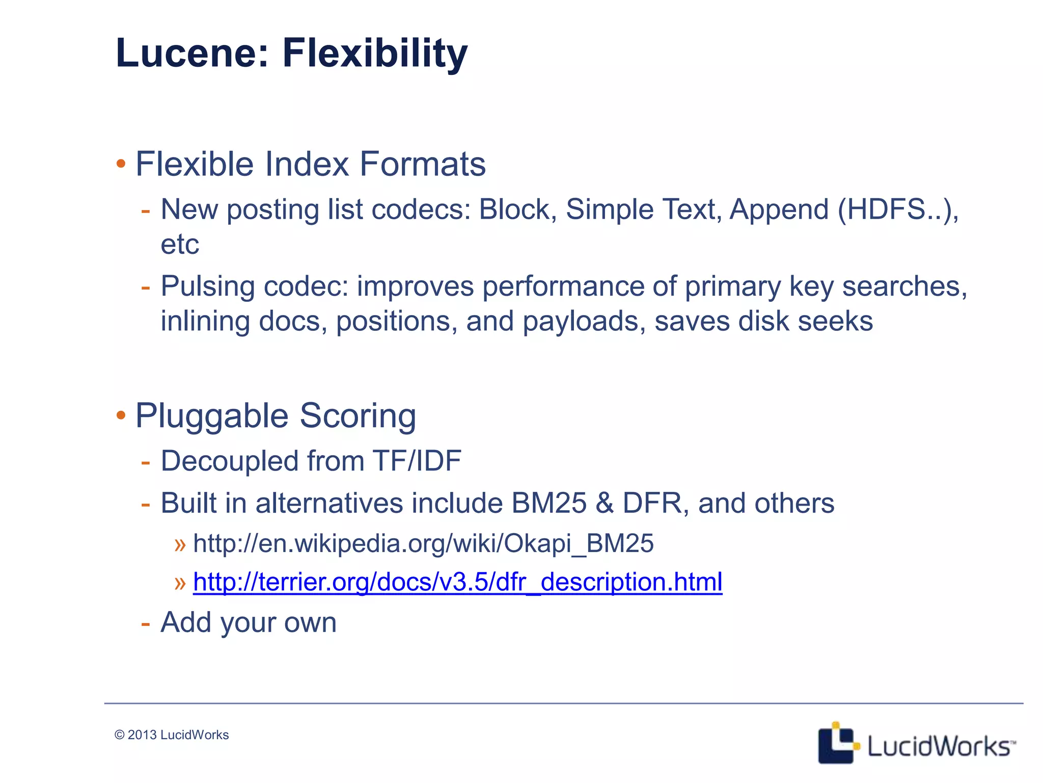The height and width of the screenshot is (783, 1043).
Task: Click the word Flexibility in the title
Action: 374,54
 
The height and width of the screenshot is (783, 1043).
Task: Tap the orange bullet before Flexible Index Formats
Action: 121,164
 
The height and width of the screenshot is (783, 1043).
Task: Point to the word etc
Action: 179,245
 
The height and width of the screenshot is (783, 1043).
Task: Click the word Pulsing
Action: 207,286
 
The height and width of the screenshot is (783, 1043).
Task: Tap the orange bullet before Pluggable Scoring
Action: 121,415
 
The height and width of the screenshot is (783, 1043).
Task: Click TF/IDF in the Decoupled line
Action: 417,461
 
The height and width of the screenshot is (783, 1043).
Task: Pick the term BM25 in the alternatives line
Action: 548,503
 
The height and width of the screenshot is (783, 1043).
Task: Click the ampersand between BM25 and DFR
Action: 605,503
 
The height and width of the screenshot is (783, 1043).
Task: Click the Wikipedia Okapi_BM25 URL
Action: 423,543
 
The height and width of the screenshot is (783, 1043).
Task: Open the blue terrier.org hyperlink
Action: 457,582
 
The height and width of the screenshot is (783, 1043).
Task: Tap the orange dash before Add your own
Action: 146,623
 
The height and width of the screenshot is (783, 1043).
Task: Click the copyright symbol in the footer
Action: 120,735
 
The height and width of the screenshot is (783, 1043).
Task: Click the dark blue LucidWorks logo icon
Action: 837,744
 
